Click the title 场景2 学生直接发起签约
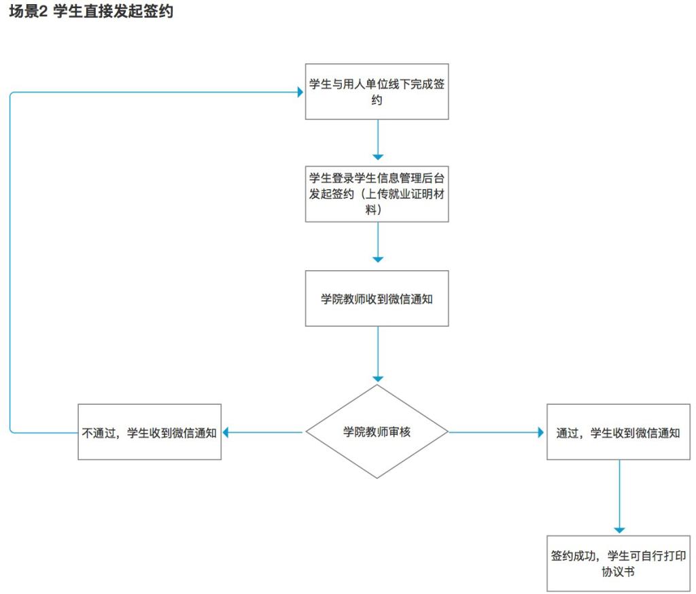click(x=91, y=11)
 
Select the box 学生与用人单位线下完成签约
click(x=377, y=92)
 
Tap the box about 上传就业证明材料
click(x=377, y=194)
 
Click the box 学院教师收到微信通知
click(x=377, y=299)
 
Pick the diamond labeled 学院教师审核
click(x=377, y=431)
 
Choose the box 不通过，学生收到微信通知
click(x=150, y=432)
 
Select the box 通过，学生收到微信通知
click(x=619, y=432)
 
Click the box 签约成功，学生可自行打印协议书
click(x=619, y=563)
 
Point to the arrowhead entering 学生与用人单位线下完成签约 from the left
click(x=300, y=93)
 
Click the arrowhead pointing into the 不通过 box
click(x=226, y=432)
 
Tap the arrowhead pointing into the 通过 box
click(x=540, y=432)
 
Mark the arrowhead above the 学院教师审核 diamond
click(x=378, y=379)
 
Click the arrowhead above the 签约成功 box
click(x=620, y=531)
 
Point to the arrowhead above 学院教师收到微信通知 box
click(x=378, y=259)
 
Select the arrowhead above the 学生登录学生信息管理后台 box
click(x=378, y=156)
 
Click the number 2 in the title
click(x=43, y=12)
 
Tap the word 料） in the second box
click(x=373, y=210)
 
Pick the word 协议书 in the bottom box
click(x=619, y=572)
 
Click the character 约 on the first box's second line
click(x=377, y=100)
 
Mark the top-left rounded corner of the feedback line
click(x=12, y=94)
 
